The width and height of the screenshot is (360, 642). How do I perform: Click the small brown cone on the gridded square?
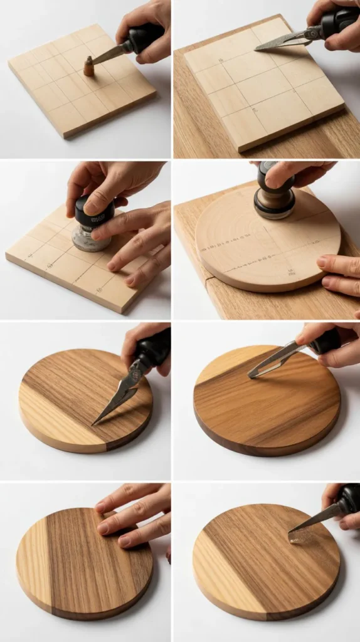click(88, 66)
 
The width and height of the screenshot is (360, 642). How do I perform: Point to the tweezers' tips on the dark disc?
click(253, 374)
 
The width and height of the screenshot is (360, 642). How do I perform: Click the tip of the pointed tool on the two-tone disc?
click(95, 423)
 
